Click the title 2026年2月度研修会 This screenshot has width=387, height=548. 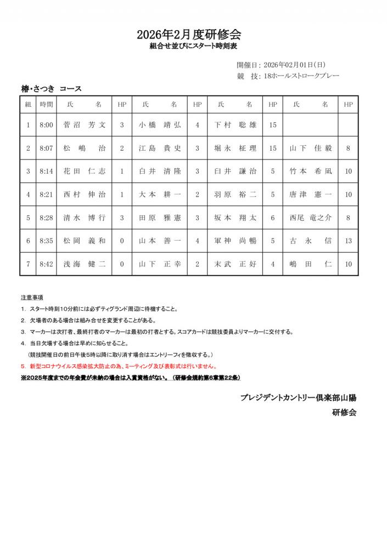193,35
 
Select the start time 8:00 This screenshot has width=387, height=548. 47,125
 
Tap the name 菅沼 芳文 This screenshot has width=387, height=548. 85,125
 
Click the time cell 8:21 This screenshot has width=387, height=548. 47,194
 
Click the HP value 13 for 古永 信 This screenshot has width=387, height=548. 348,240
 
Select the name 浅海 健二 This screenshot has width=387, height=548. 85,264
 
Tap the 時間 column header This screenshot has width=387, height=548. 47,104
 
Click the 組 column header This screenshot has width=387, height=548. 28,104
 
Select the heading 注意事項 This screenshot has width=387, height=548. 32,298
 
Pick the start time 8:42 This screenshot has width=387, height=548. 47,264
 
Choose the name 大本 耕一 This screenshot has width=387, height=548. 160,194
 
